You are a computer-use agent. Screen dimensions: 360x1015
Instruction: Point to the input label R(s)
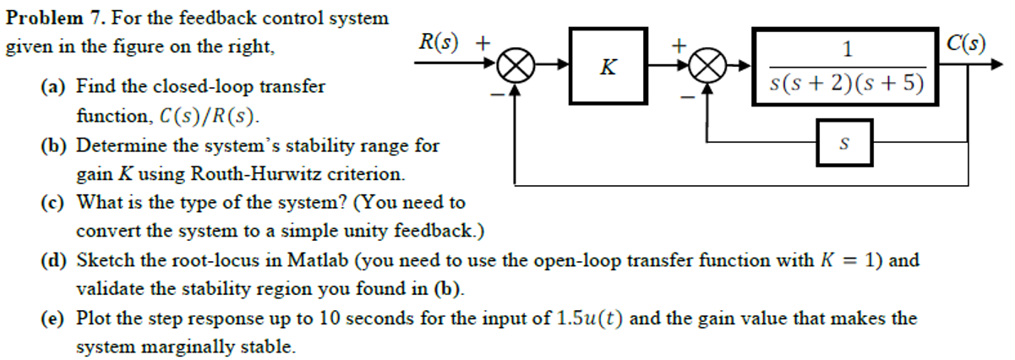click(x=439, y=41)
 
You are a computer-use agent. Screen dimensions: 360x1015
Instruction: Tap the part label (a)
click(x=56, y=86)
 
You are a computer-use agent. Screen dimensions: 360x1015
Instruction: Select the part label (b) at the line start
click(x=56, y=145)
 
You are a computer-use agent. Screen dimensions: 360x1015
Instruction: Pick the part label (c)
click(x=56, y=203)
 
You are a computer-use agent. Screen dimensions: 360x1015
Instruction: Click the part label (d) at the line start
click(x=56, y=260)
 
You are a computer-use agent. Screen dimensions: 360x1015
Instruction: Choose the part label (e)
click(x=56, y=319)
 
